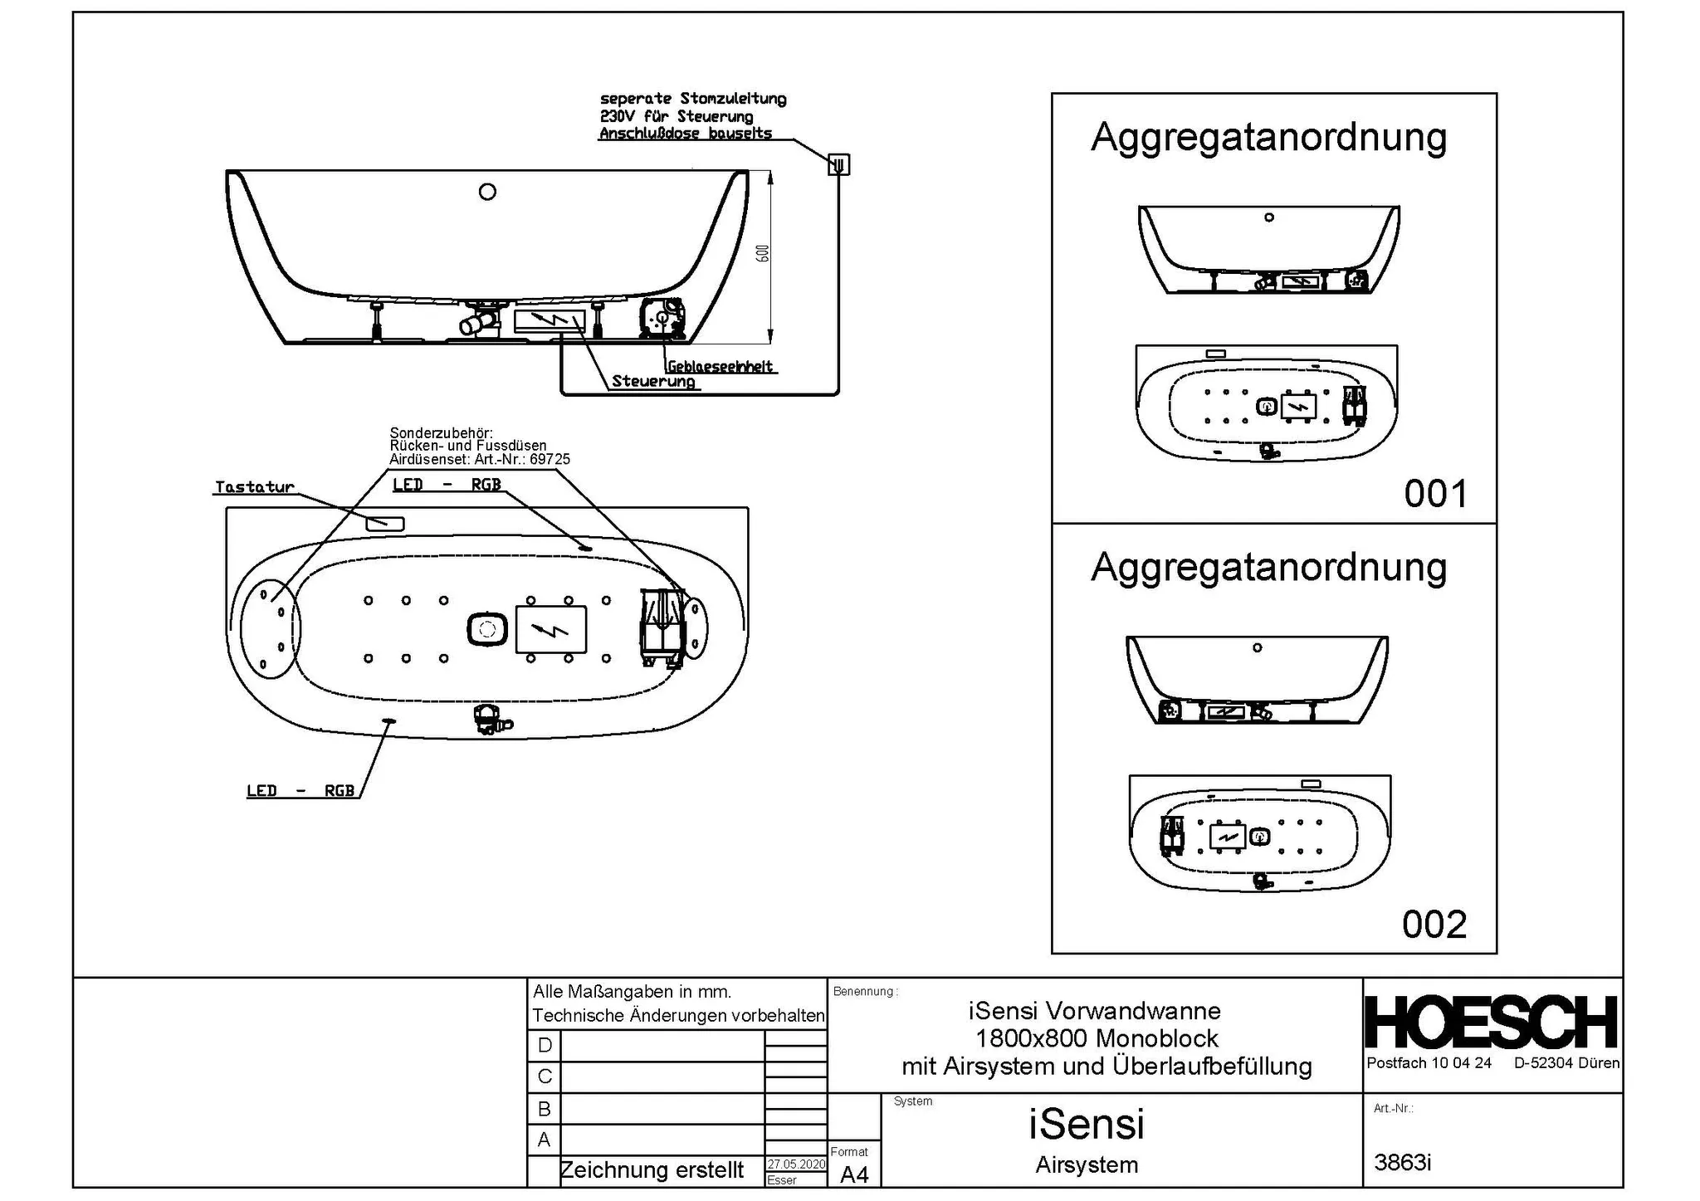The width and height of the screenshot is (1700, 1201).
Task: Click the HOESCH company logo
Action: coord(1491,1023)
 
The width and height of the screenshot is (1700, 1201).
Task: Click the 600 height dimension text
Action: coord(763,252)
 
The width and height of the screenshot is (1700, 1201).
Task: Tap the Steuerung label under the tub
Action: coord(653,381)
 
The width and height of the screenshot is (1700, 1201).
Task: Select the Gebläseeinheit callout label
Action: coord(720,366)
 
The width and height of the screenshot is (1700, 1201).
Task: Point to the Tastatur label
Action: coord(254,487)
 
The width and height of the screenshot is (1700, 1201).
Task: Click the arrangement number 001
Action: coord(1435,494)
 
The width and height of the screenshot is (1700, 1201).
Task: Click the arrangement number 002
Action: coord(1434,924)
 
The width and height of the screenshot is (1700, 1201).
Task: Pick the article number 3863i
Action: coord(1402,1162)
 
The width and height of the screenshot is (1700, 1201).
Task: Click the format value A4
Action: coord(854,1174)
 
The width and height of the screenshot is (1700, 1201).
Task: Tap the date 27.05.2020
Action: coord(795,1164)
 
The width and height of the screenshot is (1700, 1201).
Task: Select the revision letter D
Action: coord(545,1045)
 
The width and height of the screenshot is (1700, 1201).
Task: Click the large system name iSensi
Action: coord(1086,1124)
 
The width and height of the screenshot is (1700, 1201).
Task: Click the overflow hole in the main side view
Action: coord(487,192)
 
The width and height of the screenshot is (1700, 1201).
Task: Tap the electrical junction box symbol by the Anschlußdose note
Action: coord(838,164)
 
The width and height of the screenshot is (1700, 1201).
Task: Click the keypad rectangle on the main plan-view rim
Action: coord(384,523)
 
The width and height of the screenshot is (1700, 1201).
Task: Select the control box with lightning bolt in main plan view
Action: coord(551,629)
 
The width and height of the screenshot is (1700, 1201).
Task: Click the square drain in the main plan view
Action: coord(487,629)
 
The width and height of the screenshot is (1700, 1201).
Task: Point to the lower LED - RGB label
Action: coord(300,791)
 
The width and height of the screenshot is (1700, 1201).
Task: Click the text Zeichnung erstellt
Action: coord(652,1170)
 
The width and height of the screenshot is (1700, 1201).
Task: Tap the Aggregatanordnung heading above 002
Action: coord(1268,567)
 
